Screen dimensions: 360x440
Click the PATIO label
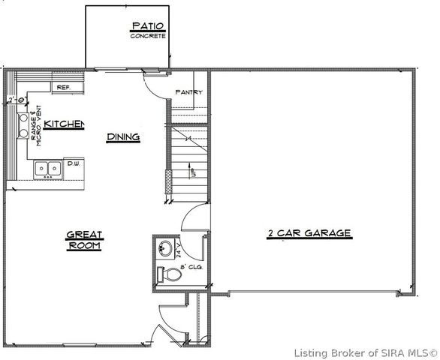pos(147,26)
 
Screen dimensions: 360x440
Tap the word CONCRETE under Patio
pos(147,36)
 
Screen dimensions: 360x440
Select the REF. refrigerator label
pos(63,87)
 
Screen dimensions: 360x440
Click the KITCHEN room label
pos(63,124)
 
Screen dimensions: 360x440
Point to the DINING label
pos(122,136)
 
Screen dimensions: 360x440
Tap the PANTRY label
pos(188,92)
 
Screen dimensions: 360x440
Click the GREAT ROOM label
pos(84,239)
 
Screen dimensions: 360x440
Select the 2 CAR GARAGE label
pos(309,233)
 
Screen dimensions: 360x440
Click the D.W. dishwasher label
pos(74,163)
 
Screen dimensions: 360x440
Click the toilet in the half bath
pos(171,274)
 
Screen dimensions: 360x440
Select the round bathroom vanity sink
pos(167,248)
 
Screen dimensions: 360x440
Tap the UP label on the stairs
pos(193,174)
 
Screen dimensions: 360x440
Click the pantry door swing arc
pos(154,87)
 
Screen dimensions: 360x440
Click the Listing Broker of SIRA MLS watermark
pos(366,352)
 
